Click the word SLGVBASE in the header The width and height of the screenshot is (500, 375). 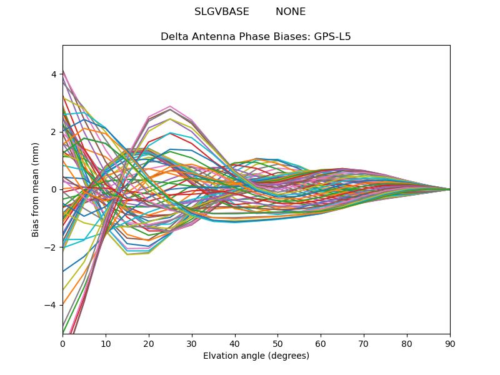[x=222, y=12]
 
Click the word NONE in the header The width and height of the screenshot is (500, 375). [x=291, y=12]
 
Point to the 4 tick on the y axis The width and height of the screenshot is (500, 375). [x=54, y=74]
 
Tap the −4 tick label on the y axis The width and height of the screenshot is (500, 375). [x=51, y=305]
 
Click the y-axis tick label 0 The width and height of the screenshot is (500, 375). [x=54, y=189]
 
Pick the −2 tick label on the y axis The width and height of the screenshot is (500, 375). [x=51, y=247]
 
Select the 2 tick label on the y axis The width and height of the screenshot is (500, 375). [x=54, y=132]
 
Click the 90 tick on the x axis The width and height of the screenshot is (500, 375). [x=450, y=343]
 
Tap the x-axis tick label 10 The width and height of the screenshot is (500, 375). [x=106, y=343]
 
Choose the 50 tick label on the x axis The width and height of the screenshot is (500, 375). [x=277, y=343]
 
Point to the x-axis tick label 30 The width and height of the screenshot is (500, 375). [x=192, y=343]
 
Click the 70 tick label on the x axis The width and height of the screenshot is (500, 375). [x=364, y=343]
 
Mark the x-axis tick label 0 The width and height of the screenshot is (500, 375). [x=62, y=343]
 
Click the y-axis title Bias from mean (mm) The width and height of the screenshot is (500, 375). [x=36, y=189]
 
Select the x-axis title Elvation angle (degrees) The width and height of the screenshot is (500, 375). [x=256, y=356]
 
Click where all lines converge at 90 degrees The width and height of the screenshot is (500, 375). [x=449, y=189]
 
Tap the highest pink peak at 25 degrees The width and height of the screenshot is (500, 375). [x=170, y=106]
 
